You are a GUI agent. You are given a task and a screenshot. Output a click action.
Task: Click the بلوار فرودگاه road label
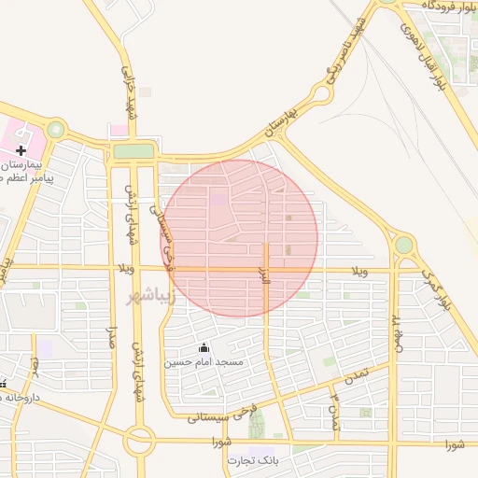point(439,6)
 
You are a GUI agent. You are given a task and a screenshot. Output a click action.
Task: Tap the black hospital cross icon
point(21,150)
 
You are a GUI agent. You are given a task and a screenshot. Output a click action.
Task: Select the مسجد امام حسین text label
point(204,362)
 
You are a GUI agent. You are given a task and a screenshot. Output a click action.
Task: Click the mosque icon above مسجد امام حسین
point(204,348)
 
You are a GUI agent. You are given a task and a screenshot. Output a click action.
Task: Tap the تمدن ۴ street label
point(333,412)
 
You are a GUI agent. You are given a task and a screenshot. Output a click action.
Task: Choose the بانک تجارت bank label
point(253,461)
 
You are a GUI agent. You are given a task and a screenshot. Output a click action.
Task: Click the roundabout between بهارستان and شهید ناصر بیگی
point(321,93)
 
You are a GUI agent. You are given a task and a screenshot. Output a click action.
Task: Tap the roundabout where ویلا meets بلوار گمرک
point(403,245)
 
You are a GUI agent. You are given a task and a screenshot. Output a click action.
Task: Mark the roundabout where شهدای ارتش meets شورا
point(141,440)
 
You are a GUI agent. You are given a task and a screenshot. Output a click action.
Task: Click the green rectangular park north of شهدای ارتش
point(134,151)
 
